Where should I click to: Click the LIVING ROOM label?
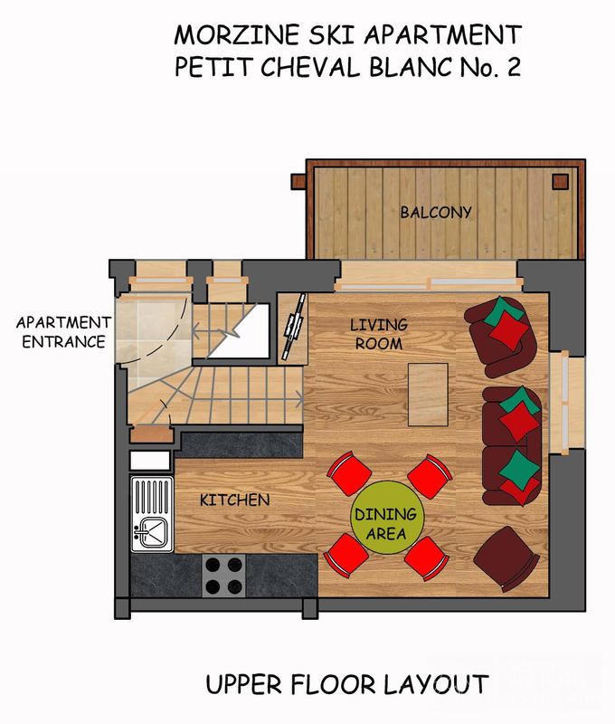379,334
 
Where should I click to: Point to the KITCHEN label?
234,500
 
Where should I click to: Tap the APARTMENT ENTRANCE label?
62,332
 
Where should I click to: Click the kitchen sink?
150,532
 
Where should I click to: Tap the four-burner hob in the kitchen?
223,575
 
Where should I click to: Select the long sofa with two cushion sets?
512,445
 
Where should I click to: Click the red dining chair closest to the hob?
345,554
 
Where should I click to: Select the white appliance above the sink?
149,460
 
